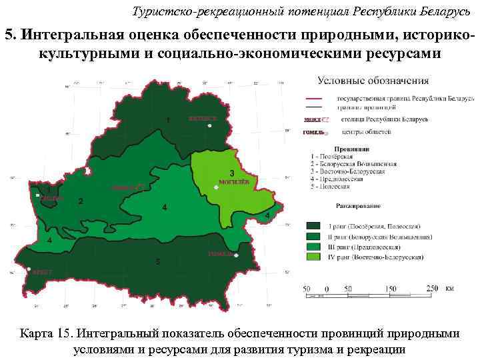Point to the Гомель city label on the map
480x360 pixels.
pyautogui.click(x=220, y=254)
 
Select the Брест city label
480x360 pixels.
pyautogui.click(x=40, y=272)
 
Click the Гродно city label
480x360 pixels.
pyautogui.click(x=51, y=198)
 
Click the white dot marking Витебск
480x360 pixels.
pyautogui.click(x=209, y=125)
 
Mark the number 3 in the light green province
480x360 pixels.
pyautogui.click(x=232, y=172)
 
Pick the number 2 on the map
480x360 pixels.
pyautogui.click(x=81, y=201)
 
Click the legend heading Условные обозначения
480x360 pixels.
pyautogui.click(x=373, y=81)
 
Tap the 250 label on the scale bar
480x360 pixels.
pyautogui.click(x=433, y=288)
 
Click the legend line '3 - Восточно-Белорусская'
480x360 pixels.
pyautogui.click(x=347, y=171)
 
